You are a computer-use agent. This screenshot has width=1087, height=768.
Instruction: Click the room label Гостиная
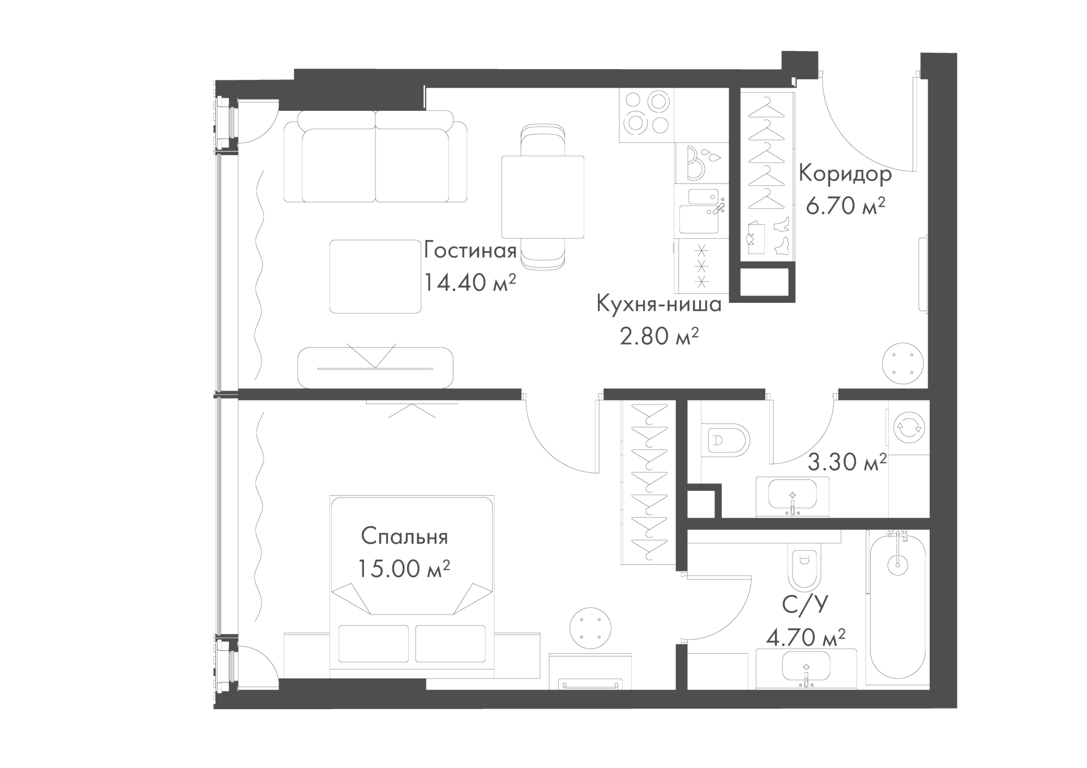coord(470,250)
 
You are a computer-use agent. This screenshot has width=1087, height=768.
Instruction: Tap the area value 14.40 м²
coord(470,282)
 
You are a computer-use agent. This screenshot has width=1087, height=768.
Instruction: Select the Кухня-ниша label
coord(659,304)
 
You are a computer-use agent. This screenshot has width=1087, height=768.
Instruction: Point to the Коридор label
coord(845,175)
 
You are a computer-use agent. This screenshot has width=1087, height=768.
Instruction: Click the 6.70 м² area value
coord(845,206)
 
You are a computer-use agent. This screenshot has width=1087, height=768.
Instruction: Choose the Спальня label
coord(404,537)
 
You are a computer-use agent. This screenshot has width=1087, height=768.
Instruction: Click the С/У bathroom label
coord(804,606)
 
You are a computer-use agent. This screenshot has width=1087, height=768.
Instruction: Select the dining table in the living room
coord(542,197)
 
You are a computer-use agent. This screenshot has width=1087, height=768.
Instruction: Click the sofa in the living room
coord(375,157)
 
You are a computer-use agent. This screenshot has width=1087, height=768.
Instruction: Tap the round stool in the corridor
coord(904,363)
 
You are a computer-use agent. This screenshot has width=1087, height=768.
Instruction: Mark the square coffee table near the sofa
coord(375,276)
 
